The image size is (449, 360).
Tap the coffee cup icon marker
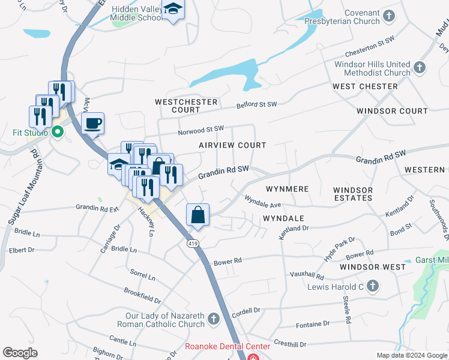[92, 124]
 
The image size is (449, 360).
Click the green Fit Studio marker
[58, 131]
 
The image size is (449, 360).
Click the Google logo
[20, 353]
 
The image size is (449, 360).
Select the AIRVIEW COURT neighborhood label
[232, 145]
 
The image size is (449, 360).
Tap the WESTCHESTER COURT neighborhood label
[185, 106]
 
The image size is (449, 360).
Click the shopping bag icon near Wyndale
[198, 214]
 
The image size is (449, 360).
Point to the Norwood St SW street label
[200, 130]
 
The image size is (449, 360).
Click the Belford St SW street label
[256, 105]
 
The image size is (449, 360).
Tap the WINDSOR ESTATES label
[353, 194]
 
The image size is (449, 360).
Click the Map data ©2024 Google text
[411, 355]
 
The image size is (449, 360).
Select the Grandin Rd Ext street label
[98, 208]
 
